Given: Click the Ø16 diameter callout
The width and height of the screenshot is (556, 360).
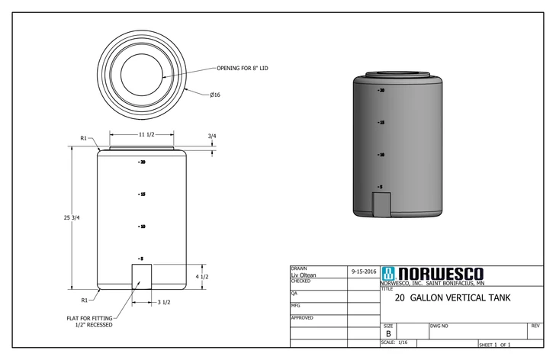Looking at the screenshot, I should pyautogui.click(x=215, y=95).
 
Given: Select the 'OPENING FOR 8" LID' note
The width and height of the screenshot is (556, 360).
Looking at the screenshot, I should pyautogui.click(x=243, y=68).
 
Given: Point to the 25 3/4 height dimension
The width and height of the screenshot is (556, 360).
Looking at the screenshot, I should pyautogui.click(x=72, y=218).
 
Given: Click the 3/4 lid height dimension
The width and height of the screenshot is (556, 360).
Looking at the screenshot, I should pyautogui.click(x=211, y=137).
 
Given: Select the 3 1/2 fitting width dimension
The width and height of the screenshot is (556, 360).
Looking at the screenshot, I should pyautogui.click(x=163, y=303).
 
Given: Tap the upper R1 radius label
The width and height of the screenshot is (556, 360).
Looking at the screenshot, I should pyautogui.click(x=85, y=138).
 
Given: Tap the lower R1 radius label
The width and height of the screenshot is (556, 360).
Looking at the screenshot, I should pyautogui.click(x=85, y=300).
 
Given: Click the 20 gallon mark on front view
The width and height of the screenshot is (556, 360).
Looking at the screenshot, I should pyautogui.click(x=142, y=162).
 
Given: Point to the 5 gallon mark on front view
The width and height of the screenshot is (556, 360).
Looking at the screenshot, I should pyautogui.click(x=142, y=259).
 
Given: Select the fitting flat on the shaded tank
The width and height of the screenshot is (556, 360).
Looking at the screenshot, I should pyautogui.click(x=381, y=204).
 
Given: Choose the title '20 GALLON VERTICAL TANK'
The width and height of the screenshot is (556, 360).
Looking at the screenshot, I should pyautogui.click(x=453, y=298).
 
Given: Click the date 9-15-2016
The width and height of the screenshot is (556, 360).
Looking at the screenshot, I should pyautogui.click(x=363, y=272).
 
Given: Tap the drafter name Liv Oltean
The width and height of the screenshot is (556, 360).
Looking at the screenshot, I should pyautogui.click(x=304, y=275).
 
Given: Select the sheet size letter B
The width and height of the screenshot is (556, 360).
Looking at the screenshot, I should pyautogui.click(x=388, y=333).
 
